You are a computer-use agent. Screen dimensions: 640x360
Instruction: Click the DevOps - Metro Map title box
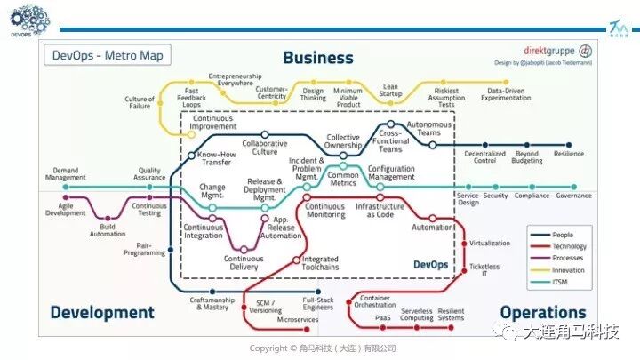[x=107, y=55]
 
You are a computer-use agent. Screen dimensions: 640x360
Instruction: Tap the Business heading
[x=317, y=58]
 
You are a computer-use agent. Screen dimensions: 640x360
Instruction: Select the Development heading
[x=102, y=312]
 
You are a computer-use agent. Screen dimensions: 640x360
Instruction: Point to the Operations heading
[x=542, y=312]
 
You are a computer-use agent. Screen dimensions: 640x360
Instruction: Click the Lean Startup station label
[x=390, y=91]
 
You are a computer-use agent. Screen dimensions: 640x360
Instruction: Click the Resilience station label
[x=569, y=154]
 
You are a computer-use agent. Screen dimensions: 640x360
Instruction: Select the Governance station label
[x=573, y=196]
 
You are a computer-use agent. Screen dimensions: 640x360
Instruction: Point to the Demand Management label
[x=65, y=173]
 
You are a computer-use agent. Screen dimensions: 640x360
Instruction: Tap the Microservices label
[x=296, y=318]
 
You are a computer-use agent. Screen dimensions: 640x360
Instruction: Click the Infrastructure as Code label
[x=380, y=210]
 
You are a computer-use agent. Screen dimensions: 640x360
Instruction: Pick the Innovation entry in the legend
[x=568, y=269]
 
